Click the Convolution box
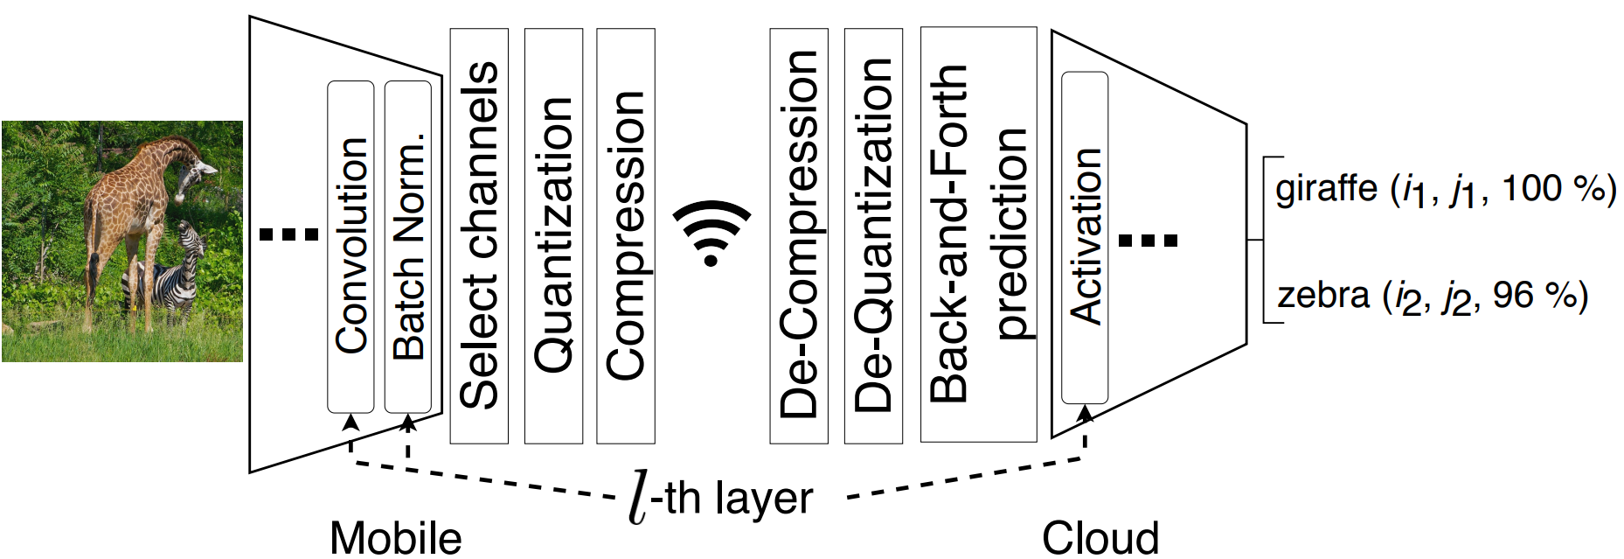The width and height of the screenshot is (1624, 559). point(350,247)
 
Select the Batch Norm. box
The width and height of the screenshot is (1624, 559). point(408,247)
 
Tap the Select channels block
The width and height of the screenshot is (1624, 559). point(479,236)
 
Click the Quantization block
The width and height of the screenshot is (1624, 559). point(553,236)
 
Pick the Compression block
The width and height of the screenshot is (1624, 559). point(626,236)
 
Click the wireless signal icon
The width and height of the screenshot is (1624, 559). point(711,233)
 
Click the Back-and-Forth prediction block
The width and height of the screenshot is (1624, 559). point(978,234)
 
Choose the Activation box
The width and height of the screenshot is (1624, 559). point(1085,238)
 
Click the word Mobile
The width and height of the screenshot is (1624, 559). point(396,537)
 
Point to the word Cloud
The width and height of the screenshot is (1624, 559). point(1100,537)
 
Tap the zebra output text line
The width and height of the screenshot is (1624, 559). point(1433,296)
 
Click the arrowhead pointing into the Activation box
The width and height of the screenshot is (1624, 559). point(1085,413)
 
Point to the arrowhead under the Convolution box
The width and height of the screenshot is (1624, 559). point(350,423)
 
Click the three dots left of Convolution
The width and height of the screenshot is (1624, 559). point(289,234)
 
